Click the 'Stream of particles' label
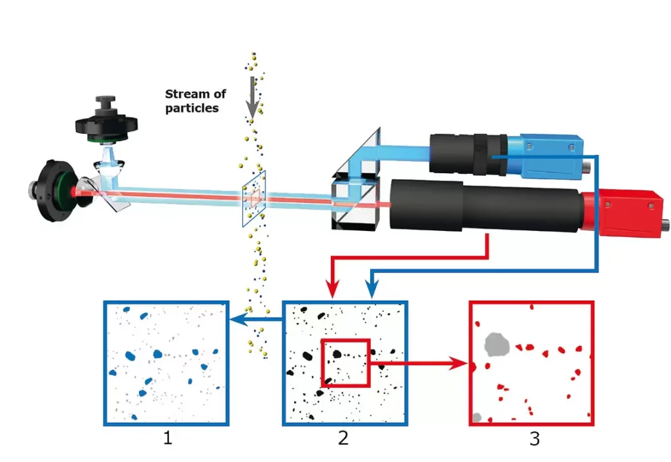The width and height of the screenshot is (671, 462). click(x=195, y=101)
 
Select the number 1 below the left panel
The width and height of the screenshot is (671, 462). click(x=167, y=438)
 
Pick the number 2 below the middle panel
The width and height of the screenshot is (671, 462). click(x=343, y=438)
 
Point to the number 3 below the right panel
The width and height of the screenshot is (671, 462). click(x=534, y=438)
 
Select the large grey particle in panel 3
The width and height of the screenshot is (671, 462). click(x=496, y=342)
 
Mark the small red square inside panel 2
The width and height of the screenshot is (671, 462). click(x=345, y=362)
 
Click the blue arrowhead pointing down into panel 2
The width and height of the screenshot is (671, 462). click(x=372, y=289)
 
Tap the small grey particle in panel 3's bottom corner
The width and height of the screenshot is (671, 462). click(x=478, y=417)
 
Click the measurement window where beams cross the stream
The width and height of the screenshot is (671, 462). click(x=254, y=196)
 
